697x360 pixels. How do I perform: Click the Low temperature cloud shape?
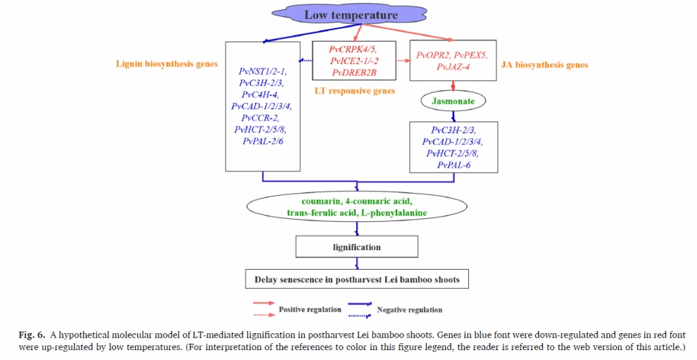coord(351,15)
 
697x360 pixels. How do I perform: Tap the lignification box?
coord(356,247)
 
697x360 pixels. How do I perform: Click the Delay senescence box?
coord(356,280)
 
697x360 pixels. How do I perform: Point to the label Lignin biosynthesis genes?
coord(167,64)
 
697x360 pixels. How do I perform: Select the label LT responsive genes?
coord(353,91)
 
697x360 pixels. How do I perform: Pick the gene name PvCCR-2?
coord(260,118)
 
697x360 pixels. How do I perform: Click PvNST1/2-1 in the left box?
coord(263,71)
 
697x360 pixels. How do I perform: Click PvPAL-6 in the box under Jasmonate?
coord(453,165)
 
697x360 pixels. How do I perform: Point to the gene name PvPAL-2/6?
coord(263,142)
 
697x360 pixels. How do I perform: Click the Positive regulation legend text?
coord(306,309)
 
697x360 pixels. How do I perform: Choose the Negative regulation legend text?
coord(410,309)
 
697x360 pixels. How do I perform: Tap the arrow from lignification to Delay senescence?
coord(357,263)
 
